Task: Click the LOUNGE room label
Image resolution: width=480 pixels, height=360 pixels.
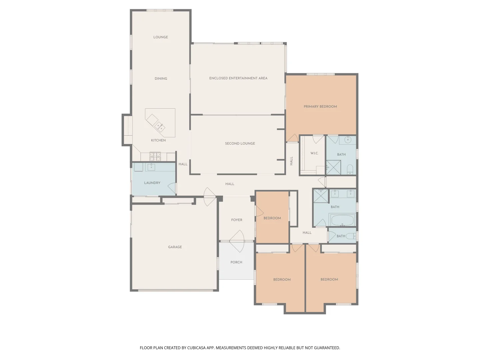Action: [x=160, y=37]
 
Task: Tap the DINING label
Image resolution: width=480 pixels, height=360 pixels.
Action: [x=161, y=79]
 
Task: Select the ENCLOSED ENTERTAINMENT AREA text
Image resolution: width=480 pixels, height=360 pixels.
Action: [x=238, y=78]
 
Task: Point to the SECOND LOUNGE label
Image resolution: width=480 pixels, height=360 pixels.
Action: [x=240, y=143]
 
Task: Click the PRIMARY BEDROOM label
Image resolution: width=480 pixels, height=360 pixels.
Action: [x=320, y=107]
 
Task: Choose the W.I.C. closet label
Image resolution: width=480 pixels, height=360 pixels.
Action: [x=314, y=153]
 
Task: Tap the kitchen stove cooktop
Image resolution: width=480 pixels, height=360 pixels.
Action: [x=155, y=156]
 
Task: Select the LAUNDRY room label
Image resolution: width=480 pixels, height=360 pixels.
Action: [x=152, y=183]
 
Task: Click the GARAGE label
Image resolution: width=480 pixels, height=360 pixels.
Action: [x=175, y=247]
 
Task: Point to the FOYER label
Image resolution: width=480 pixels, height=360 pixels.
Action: [x=237, y=220]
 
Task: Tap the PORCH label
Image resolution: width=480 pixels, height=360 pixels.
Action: [x=236, y=262]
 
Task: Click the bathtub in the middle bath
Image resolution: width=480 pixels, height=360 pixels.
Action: [x=342, y=220]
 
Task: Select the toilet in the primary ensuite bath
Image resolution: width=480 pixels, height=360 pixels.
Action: [x=350, y=170]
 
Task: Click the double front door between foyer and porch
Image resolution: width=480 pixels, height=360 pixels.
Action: [x=237, y=241]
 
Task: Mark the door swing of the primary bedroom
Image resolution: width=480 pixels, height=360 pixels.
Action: [x=293, y=138]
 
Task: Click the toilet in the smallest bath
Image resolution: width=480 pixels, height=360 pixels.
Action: [x=351, y=236]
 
